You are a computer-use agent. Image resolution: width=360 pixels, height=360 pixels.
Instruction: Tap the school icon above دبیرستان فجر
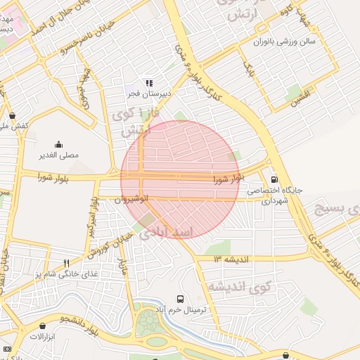tap(148, 82)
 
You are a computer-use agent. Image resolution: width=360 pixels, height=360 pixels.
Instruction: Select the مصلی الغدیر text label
tap(58, 153)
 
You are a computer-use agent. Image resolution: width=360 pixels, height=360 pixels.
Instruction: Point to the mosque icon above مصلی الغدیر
tap(58, 143)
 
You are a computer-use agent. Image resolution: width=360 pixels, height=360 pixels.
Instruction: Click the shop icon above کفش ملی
tap(13, 115)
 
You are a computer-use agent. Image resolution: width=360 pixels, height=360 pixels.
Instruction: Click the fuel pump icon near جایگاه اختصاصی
tap(274, 179)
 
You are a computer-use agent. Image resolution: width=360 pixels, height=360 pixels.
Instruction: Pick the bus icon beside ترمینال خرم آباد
tap(181, 298)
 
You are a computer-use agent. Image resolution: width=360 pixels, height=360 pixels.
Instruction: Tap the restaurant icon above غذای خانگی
tap(66, 263)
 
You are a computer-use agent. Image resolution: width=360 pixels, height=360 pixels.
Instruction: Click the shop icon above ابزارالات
tap(44, 326)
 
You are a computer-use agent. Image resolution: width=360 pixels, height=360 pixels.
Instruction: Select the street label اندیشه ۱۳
tap(231, 259)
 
